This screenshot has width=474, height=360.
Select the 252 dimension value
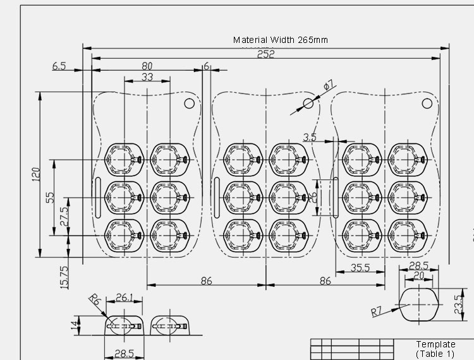pos(266,54)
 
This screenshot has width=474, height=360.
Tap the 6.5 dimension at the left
pos(59,66)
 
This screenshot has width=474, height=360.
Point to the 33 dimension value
pos(147,77)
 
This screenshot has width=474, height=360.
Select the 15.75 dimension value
pos(64,277)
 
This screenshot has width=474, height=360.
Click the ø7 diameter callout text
pos(328,84)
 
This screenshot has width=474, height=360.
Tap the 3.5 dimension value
pos(310,136)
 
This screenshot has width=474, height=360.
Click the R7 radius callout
pos(377,311)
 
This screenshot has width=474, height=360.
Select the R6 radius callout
pos(95,299)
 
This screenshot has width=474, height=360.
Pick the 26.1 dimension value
pos(125,297)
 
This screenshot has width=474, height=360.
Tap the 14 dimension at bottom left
pos(75,325)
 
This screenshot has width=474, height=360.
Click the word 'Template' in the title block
pos(435,344)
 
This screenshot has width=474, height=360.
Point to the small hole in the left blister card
pos(189,103)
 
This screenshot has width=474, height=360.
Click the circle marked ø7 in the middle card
pos(308,103)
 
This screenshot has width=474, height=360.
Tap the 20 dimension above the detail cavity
pos(418,275)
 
